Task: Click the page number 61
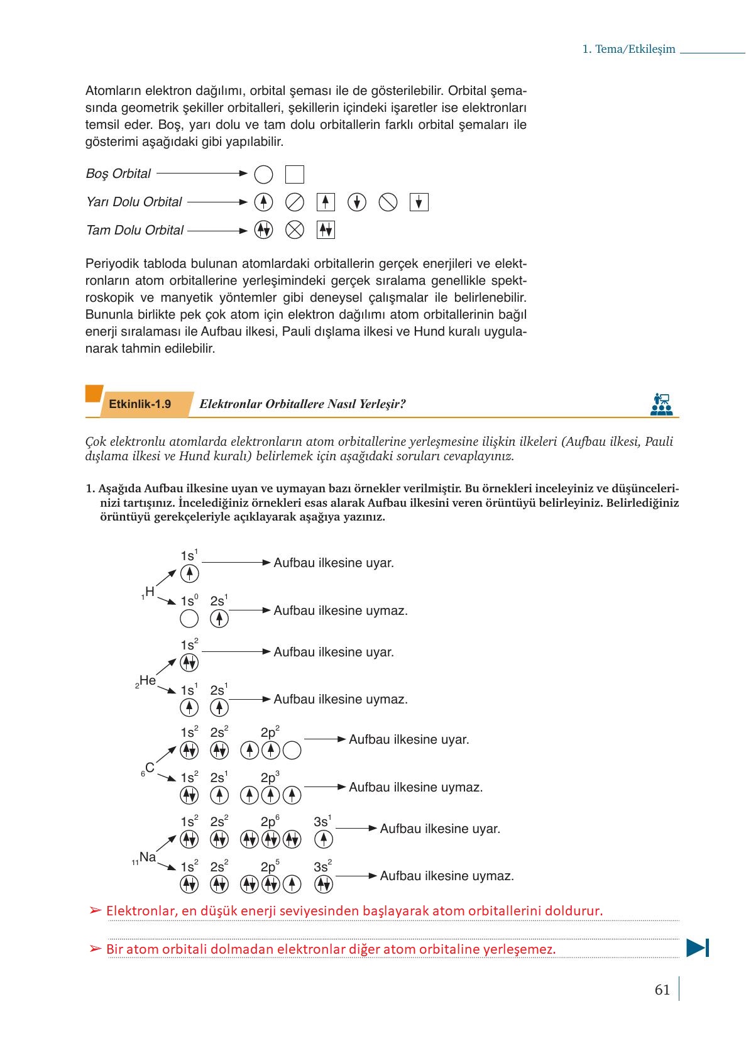(662, 990)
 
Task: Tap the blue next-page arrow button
(698, 947)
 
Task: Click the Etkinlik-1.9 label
(140, 404)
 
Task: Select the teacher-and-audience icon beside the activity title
(661, 404)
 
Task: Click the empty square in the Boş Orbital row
(294, 174)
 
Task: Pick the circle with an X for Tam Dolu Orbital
(294, 230)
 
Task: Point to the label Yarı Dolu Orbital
(134, 202)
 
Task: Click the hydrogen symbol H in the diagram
(150, 592)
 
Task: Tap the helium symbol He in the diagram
(148, 680)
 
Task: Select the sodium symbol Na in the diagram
(148, 857)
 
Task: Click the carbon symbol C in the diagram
(150, 768)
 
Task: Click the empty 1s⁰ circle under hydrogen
(189, 619)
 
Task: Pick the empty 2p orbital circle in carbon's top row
(292, 750)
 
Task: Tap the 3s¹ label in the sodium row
(322, 822)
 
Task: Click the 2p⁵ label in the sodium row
(270, 867)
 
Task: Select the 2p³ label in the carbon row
(270, 778)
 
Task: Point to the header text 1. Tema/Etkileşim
(628, 50)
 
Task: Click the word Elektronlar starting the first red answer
(141, 910)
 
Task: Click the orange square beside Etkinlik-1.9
(94, 394)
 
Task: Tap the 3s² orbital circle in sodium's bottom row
(323, 885)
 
